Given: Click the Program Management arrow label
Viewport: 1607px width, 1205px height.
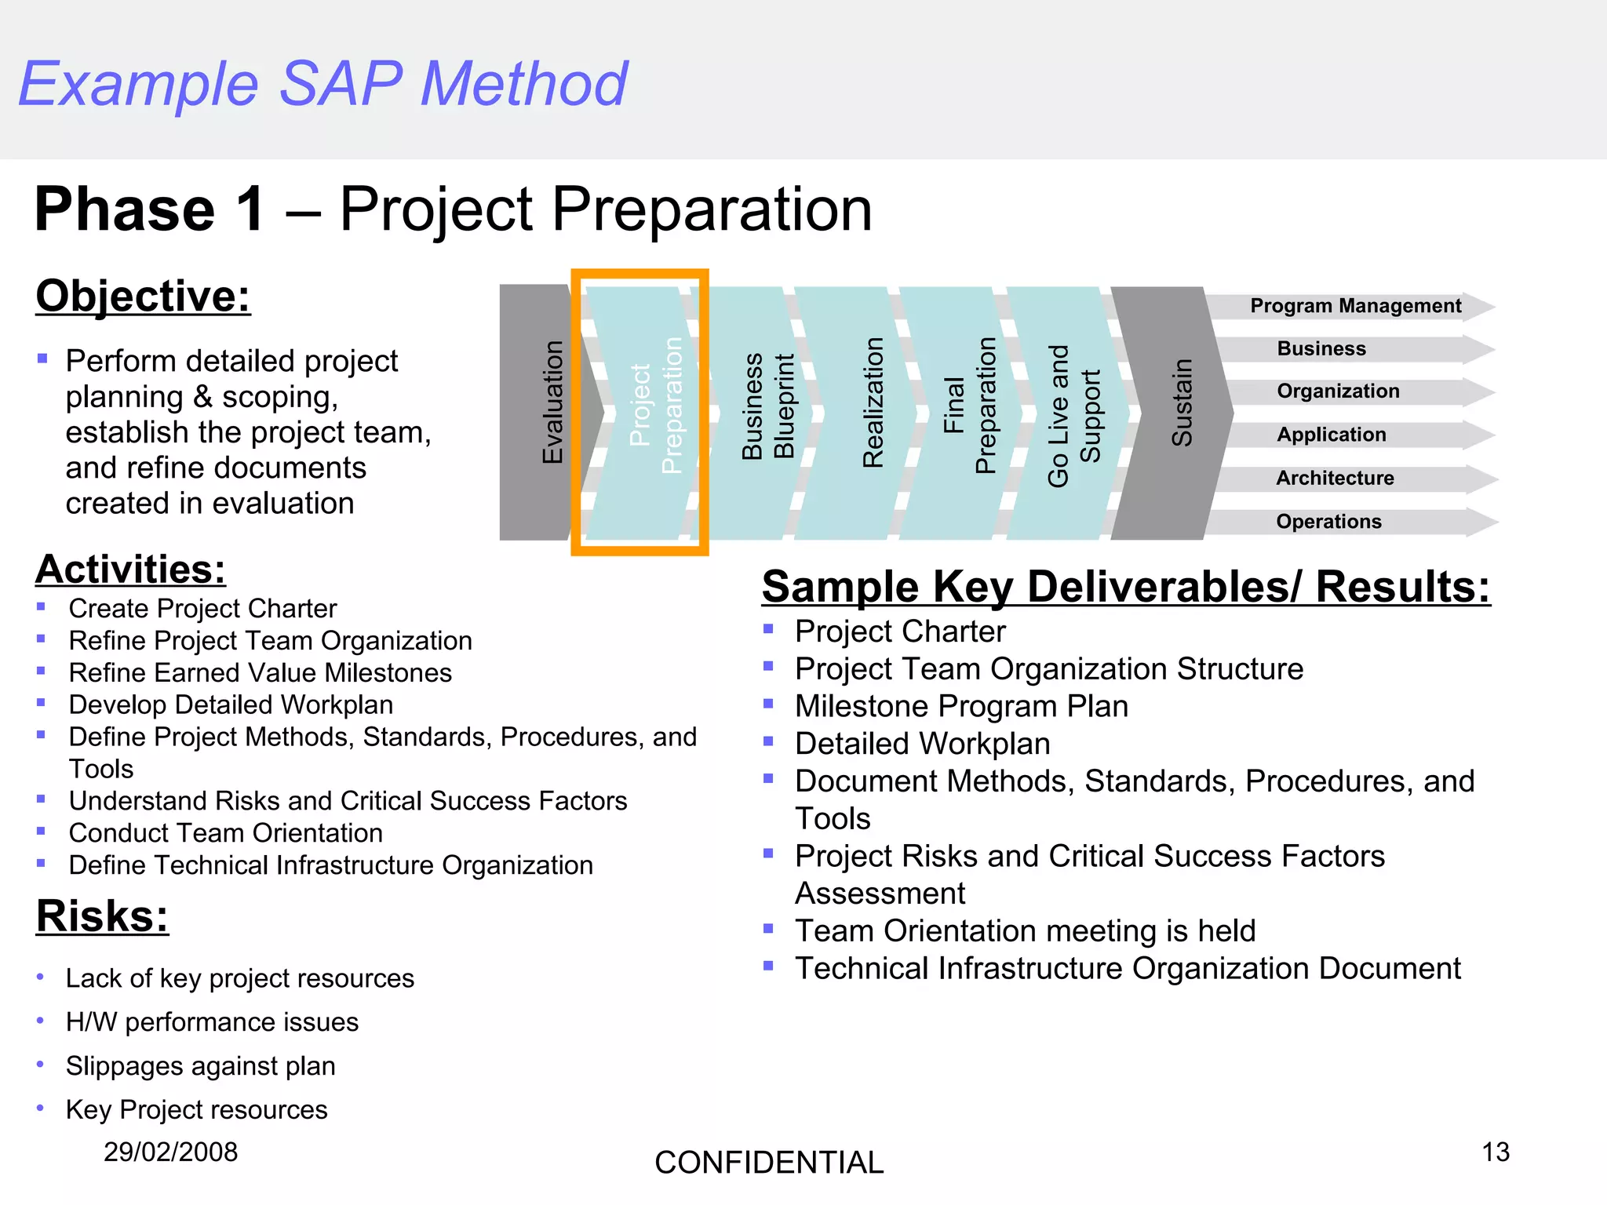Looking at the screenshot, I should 1355,306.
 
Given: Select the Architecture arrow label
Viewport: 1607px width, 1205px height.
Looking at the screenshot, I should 1335,478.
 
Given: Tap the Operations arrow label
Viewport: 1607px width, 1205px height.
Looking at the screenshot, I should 1328,522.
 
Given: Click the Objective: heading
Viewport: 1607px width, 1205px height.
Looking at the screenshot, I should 143,297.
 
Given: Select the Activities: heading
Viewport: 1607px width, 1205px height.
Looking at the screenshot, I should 130,570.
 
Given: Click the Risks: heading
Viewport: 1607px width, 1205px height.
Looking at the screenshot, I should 102,916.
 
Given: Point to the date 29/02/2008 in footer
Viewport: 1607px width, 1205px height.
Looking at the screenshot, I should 170,1152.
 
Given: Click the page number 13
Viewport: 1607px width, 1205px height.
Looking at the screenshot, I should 1495,1152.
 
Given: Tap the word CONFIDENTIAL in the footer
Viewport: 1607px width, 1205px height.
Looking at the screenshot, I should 769,1163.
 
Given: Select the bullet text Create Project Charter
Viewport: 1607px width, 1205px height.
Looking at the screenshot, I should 202,609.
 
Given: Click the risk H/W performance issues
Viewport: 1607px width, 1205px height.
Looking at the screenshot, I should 212,1022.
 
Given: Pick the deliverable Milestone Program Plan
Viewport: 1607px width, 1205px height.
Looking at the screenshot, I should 961,707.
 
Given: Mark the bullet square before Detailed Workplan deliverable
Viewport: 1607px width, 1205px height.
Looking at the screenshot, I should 768,741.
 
